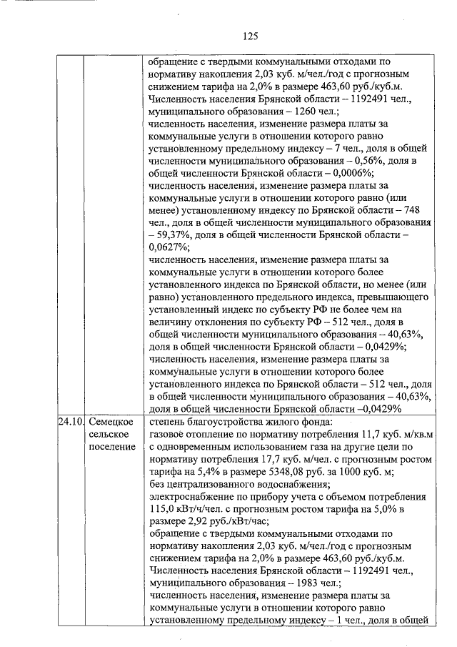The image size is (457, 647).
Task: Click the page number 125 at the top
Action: pos(249,36)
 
